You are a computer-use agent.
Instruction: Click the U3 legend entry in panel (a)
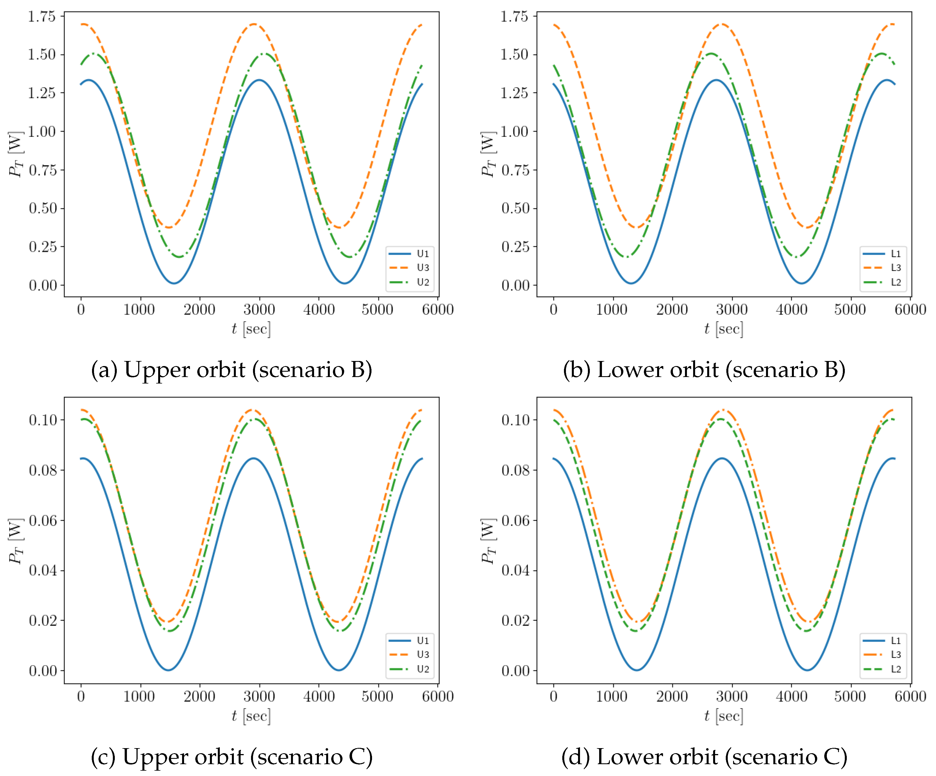point(422,267)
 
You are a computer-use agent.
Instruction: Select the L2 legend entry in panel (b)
point(895,282)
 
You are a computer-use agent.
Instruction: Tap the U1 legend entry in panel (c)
point(422,640)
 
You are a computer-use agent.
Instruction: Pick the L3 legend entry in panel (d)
point(895,654)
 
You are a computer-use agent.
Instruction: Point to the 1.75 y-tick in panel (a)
point(42,17)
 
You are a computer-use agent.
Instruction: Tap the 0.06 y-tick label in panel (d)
point(516,520)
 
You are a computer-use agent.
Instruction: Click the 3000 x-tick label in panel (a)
point(259,309)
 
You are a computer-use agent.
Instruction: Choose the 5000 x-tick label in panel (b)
point(850,309)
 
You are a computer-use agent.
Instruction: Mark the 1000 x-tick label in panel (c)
point(139,696)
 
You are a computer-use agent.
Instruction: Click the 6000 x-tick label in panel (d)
point(910,696)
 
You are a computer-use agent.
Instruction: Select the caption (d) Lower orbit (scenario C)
point(704,757)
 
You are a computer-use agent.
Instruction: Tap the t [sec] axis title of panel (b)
point(724,329)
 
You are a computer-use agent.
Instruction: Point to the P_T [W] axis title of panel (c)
point(15,541)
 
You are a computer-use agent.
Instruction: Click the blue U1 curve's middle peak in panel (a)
point(259,80)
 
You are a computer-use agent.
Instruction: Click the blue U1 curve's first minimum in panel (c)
point(168,669)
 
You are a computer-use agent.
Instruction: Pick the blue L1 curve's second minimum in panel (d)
point(807,669)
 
